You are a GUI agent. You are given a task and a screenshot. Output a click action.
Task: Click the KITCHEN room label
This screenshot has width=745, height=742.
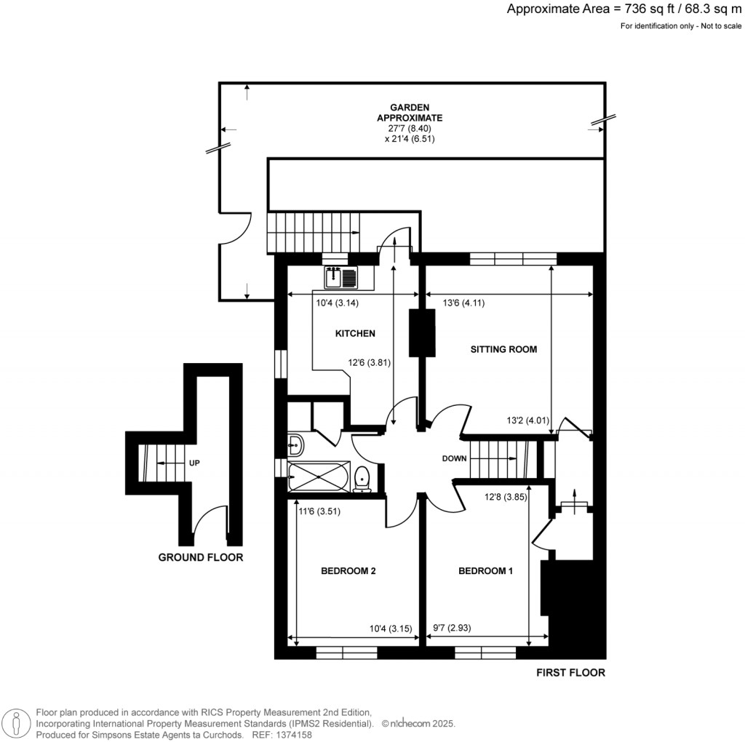354,334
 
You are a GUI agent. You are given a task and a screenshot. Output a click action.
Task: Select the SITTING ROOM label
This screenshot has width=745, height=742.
503,349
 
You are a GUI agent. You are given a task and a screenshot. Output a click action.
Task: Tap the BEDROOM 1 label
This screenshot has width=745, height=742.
485,571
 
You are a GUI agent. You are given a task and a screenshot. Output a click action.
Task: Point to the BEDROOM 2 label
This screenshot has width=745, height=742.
348,571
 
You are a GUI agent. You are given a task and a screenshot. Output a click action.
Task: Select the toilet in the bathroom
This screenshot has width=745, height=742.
362,479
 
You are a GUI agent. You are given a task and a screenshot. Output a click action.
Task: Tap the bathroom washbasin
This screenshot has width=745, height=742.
295,442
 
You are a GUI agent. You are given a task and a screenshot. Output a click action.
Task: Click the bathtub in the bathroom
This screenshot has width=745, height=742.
319,477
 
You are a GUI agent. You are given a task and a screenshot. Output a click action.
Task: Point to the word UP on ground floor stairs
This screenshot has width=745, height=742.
195,463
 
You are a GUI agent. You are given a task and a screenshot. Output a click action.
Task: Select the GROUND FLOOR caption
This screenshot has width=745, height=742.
200,558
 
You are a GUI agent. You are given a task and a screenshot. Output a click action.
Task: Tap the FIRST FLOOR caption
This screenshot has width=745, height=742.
570,673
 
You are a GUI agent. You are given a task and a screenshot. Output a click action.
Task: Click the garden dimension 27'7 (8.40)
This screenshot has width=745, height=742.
410,128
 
